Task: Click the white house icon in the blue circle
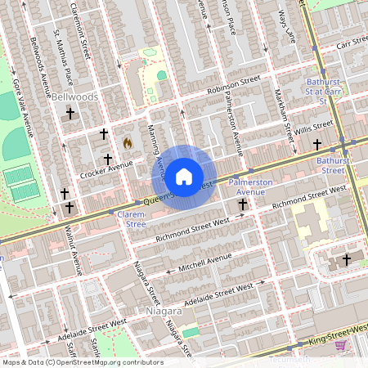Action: point(184,176)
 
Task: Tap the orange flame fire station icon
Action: point(128,142)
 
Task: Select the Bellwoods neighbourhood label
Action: point(74,96)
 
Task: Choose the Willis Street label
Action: point(315,128)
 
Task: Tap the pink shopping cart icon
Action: point(340,346)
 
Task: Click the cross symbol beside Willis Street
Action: point(317,145)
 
